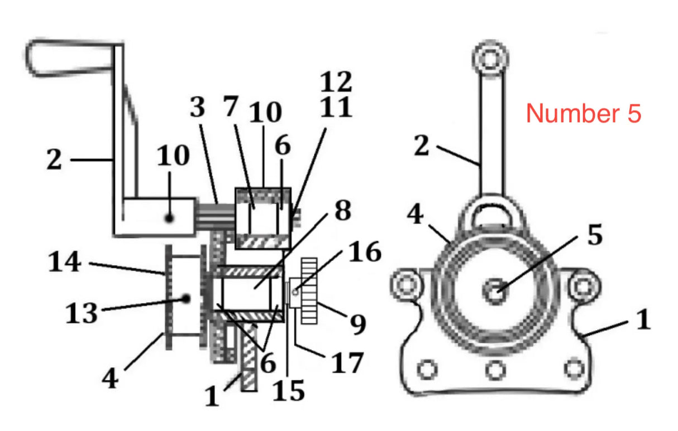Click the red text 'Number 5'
[x=584, y=113]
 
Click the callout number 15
[x=289, y=390]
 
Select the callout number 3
[x=198, y=108]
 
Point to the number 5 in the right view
[x=594, y=235]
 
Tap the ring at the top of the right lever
[x=490, y=57]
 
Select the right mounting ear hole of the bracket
[x=583, y=286]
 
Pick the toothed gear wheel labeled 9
[x=309, y=290]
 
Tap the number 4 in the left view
[x=111, y=378]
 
